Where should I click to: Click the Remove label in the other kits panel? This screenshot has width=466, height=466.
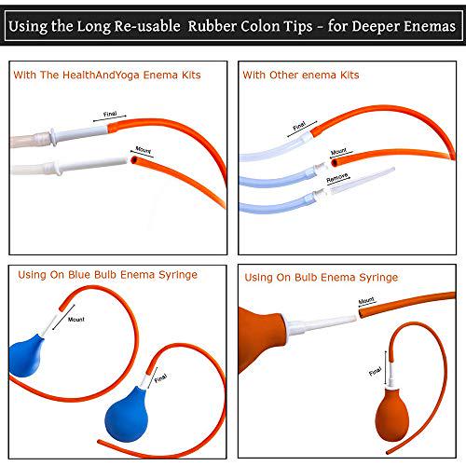337,175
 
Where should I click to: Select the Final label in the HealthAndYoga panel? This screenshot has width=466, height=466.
111,116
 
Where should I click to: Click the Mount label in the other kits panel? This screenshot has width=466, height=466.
341,150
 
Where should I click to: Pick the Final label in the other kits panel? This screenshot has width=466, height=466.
298,125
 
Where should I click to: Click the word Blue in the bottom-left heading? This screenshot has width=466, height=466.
93,277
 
